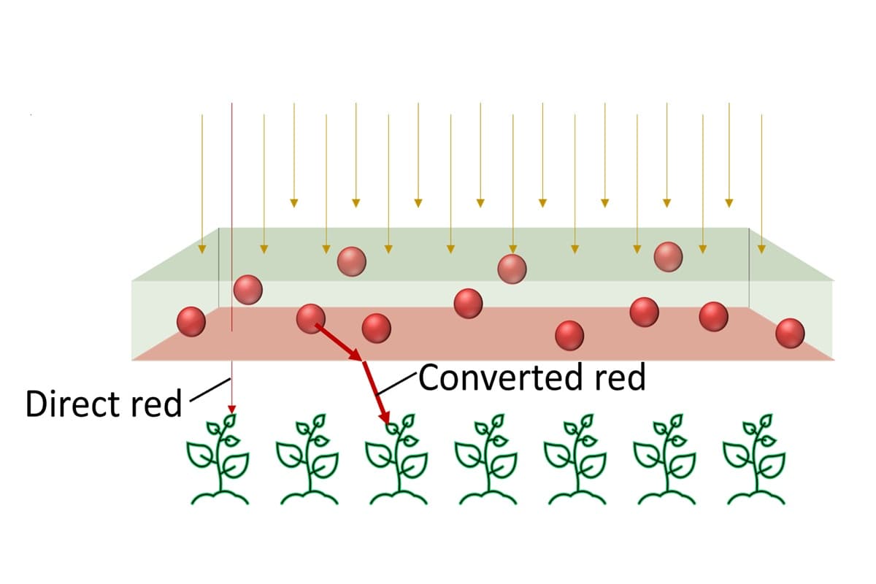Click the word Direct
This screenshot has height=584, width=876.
(x=67, y=404)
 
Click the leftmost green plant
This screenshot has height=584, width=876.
(x=218, y=460)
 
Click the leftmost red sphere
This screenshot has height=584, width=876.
(x=191, y=322)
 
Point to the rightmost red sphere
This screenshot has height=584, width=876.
(x=790, y=334)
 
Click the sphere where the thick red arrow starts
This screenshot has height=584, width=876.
(x=311, y=318)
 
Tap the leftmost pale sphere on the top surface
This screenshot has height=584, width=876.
(x=352, y=261)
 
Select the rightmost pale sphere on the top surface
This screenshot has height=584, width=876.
(x=668, y=256)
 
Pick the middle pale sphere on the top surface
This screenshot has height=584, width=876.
(x=512, y=269)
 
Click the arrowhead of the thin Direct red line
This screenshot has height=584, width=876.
(x=231, y=410)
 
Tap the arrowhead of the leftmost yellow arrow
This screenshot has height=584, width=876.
(x=202, y=250)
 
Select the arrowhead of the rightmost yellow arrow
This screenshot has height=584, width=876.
(x=761, y=249)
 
